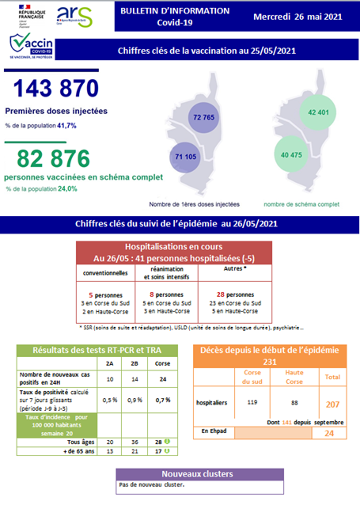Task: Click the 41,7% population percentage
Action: tap(65, 126)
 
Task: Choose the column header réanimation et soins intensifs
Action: tap(168, 273)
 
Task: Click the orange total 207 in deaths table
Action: tap(332, 404)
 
